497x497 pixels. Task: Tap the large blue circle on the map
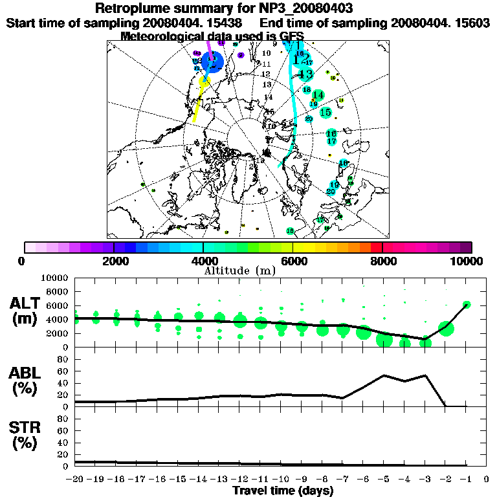click(x=212, y=62)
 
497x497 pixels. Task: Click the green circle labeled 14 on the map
click(x=318, y=96)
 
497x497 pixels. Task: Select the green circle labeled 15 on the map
click(x=326, y=112)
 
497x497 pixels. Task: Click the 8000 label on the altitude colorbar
click(x=382, y=261)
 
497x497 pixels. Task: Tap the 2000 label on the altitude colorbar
click(x=114, y=261)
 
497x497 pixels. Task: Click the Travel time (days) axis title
click(x=283, y=491)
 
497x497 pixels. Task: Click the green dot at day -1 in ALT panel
click(x=467, y=304)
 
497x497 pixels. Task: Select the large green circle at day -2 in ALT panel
click(x=446, y=328)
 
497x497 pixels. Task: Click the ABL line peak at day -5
click(x=384, y=375)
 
